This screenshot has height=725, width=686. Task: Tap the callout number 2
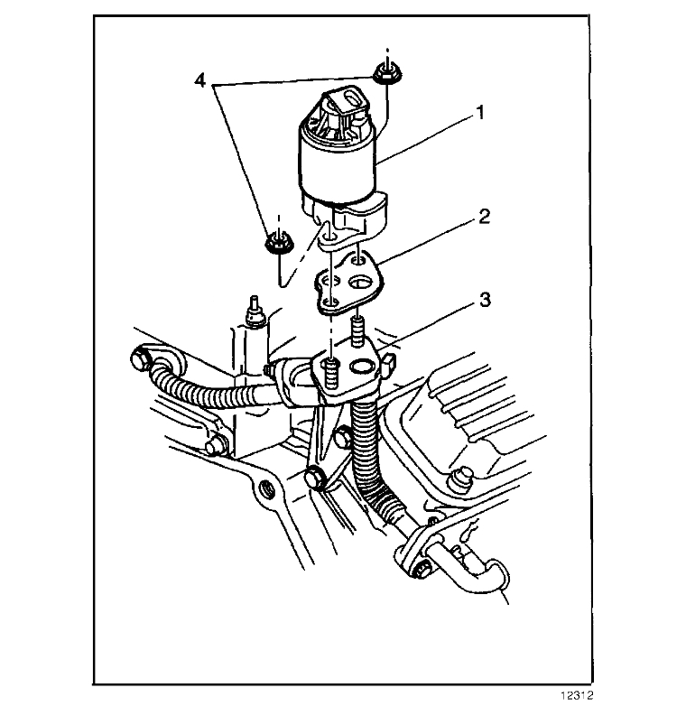(484, 218)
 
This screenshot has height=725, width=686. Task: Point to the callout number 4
(200, 80)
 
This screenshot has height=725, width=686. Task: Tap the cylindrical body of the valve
(341, 167)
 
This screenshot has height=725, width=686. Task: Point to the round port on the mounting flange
(363, 367)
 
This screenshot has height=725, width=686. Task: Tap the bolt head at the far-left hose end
(140, 362)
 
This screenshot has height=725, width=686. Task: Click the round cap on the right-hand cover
(465, 476)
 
